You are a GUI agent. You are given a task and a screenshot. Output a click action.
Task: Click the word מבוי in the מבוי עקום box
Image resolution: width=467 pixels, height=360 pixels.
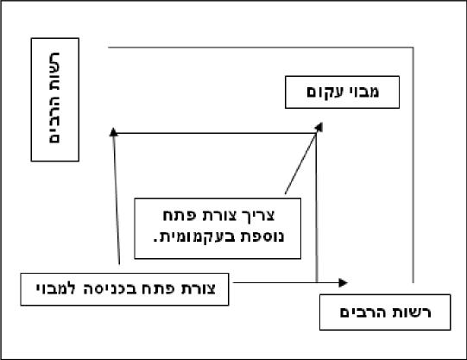pyautogui.click(x=363, y=92)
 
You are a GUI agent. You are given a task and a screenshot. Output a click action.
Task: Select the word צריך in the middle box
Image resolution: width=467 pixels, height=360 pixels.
pyautogui.click(x=258, y=215)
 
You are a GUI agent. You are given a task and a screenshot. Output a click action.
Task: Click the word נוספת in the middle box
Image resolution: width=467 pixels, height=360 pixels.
pyautogui.click(x=264, y=237)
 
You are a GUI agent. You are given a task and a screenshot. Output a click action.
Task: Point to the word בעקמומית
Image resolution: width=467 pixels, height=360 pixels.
pyautogui.click(x=199, y=237)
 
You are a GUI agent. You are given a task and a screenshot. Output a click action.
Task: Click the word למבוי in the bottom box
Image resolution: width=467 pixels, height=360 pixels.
pyautogui.click(x=56, y=289)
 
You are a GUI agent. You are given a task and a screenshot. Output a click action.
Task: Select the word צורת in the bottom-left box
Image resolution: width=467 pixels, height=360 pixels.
pyautogui.click(x=199, y=289)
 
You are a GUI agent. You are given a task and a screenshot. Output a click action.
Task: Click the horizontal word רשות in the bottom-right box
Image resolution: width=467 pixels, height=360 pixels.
pyautogui.click(x=414, y=313)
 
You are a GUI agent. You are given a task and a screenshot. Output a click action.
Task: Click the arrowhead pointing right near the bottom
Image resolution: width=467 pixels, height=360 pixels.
pyautogui.click(x=344, y=282)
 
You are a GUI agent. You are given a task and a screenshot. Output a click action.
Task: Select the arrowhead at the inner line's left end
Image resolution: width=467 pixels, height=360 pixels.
pyautogui.click(x=113, y=132)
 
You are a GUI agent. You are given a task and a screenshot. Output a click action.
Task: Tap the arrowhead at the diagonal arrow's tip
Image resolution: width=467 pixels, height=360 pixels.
pyautogui.click(x=319, y=127)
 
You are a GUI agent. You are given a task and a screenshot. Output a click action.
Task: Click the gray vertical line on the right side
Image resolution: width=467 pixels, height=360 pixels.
pyautogui.click(x=413, y=165)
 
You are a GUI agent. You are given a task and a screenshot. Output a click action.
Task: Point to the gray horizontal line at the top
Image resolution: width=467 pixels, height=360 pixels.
pyautogui.click(x=261, y=47)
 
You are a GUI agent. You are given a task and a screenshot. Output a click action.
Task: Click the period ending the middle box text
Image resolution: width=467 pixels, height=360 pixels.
pyautogui.click(x=155, y=241)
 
